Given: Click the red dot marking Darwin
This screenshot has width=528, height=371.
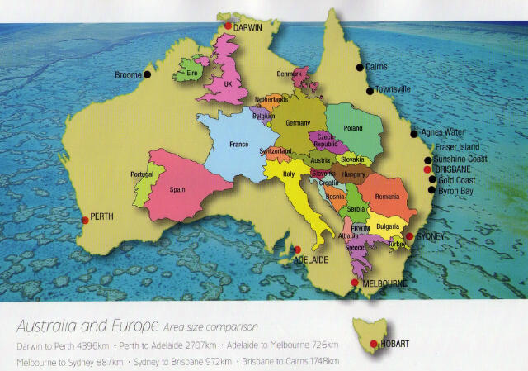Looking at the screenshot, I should [x=228, y=27].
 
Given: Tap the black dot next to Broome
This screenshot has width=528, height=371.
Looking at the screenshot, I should [x=147, y=74].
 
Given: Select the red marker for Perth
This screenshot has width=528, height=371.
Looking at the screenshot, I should [x=85, y=220].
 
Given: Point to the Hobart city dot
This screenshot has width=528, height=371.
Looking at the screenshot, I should [x=375, y=344].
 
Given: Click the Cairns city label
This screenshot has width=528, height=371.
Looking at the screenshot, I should [x=376, y=66].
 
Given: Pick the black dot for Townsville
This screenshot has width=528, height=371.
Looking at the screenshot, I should [x=370, y=90].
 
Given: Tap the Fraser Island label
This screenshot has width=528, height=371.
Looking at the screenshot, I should [x=460, y=147].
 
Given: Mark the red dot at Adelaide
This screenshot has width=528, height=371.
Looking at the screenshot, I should [x=298, y=249].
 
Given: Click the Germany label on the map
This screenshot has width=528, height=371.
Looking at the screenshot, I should [x=297, y=122].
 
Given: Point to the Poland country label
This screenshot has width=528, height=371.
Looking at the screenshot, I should [x=353, y=128].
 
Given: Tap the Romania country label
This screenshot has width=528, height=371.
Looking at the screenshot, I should [x=386, y=196].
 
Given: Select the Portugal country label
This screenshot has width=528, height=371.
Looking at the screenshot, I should [x=142, y=174].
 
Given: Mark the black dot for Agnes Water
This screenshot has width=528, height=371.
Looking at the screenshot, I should [x=414, y=133].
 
